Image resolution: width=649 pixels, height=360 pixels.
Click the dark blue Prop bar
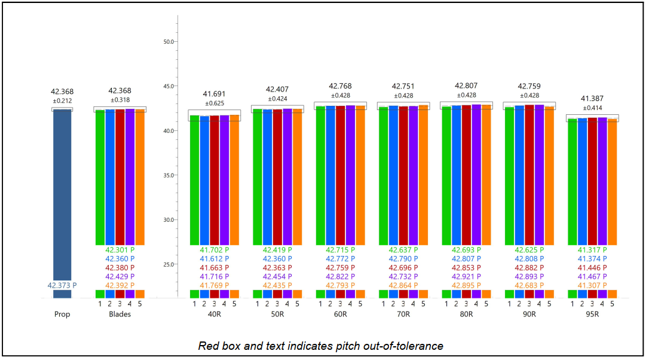(x=62, y=197)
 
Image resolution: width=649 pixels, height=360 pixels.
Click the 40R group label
(x=214, y=315)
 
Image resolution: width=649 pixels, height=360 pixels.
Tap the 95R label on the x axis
(x=592, y=315)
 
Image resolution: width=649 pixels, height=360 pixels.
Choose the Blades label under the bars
(x=120, y=315)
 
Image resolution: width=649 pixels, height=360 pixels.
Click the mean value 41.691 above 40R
(x=214, y=94)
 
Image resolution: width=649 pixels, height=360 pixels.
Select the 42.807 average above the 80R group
(x=466, y=86)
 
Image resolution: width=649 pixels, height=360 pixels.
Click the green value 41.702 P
(x=214, y=250)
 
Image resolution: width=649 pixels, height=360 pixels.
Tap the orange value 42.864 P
(x=403, y=286)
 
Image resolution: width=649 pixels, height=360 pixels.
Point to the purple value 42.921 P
(x=466, y=277)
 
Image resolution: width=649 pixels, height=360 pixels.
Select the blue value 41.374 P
(x=592, y=259)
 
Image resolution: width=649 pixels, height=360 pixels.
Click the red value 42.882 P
(x=529, y=268)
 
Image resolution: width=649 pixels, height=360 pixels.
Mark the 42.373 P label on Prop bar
(x=62, y=286)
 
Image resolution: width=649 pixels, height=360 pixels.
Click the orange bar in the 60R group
(x=360, y=179)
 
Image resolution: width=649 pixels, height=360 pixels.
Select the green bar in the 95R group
(x=573, y=179)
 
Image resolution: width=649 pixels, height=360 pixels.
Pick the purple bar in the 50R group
(x=287, y=179)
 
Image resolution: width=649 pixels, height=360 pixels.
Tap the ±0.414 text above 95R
(x=592, y=107)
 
